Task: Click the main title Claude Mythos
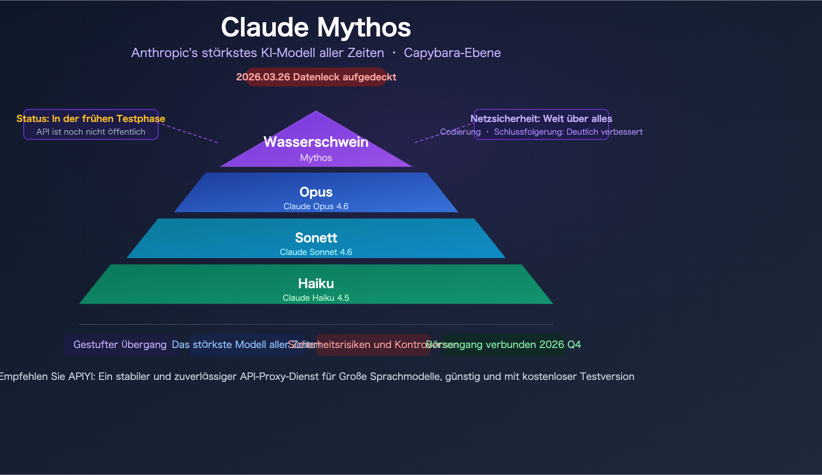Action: click(x=315, y=27)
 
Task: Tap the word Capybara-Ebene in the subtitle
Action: click(x=452, y=53)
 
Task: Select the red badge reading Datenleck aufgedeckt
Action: click(x=316, y=77)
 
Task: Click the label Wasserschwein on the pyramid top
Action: click(x=316, y=142)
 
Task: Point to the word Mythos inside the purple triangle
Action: click(x=316, y=158)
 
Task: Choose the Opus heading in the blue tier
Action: click(x=316, y=192)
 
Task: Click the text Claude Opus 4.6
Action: click(x=316, y=206)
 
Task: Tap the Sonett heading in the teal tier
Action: click(x=316, y=238)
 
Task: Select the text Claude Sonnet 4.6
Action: click(x=316, y=252)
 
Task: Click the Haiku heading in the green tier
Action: click(x=316, y=283)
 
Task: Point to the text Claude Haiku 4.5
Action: click(x=316, y=298)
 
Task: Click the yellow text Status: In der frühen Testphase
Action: click(x=91, y=119)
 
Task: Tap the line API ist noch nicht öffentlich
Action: click(x=91, y=132)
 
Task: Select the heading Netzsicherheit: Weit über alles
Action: click(x=541, y=119)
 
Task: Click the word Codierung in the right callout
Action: click(x=460, y=132)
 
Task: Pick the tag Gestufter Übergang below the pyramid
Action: click(x=120, y=344)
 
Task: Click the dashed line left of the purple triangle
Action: click(x=189, y=133)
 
